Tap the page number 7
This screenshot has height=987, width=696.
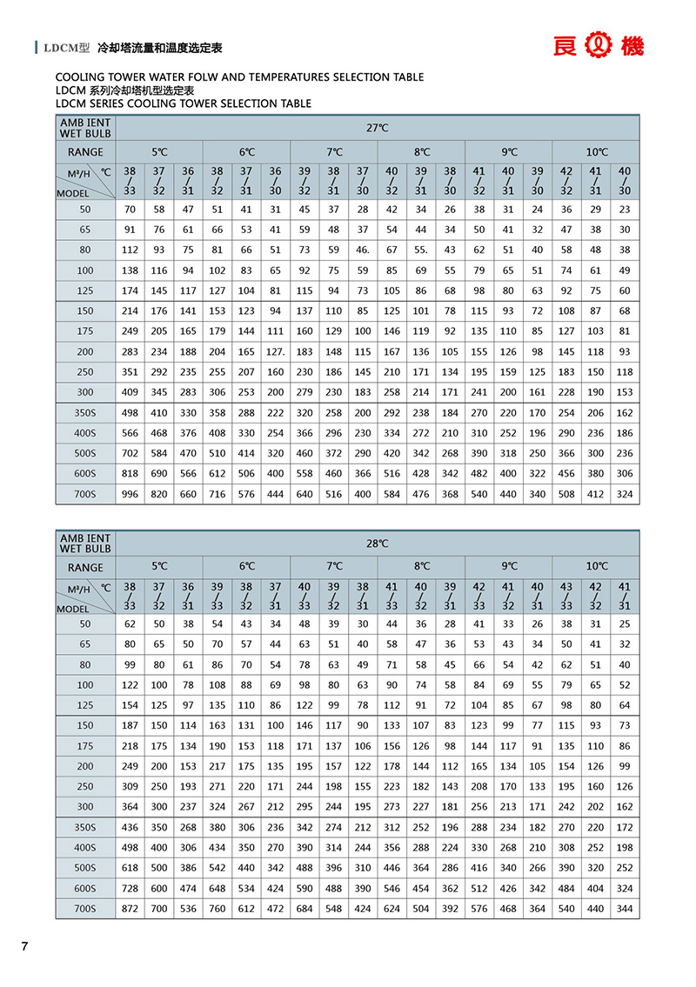point(25,947)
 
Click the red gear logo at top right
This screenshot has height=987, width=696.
point(599,46)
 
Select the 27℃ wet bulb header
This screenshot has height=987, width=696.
point(377,128)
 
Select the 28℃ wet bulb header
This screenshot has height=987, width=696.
point(377,544)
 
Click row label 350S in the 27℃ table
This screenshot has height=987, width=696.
point(85,413)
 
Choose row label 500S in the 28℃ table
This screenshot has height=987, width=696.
point(85,869)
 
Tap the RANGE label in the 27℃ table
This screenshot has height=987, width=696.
point(85,152)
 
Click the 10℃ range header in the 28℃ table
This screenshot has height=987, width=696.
point(596,566)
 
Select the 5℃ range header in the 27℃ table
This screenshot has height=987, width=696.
point(159,151)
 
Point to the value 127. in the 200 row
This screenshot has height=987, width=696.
point(276,351)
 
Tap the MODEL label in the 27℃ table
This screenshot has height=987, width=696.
point(73,193)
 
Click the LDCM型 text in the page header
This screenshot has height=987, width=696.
point(67,48)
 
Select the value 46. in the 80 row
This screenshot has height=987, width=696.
point(363,250)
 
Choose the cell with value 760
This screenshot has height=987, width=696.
point(217,910)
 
